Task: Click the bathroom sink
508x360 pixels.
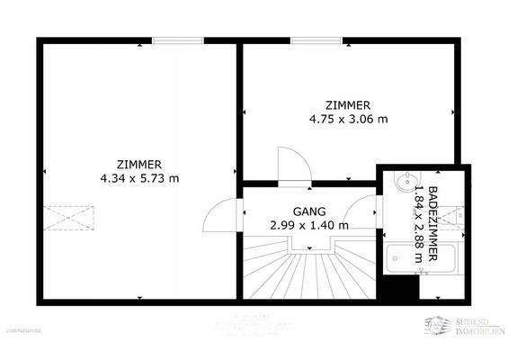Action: [401, 184]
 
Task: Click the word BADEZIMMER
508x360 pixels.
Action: [434, 221]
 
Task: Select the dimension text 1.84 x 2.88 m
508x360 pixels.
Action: [419, 221]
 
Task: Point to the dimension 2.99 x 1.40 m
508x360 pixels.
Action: [309, 225]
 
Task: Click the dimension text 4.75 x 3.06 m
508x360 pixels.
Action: [348, 118]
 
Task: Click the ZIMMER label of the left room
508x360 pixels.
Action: [138, 164]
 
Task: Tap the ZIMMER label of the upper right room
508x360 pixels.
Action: [348, 104]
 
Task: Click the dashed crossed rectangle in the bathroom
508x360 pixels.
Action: [459, 216]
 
